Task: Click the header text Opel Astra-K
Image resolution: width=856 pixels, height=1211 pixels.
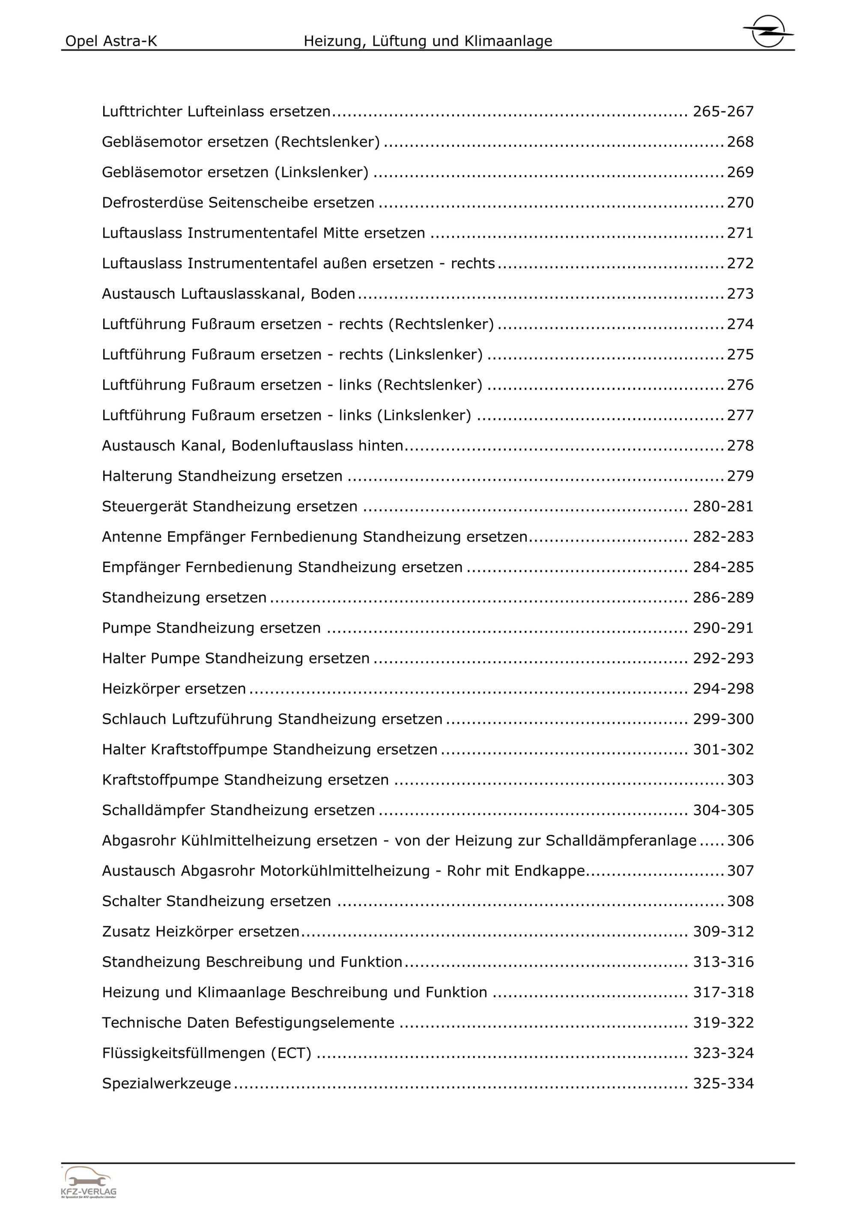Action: point(111,41)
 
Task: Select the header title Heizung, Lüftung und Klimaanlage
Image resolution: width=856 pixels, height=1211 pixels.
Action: point(428,41)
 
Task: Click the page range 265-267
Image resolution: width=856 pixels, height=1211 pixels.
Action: point(723,112)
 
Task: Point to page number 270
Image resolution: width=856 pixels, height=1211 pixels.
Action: point(740,203)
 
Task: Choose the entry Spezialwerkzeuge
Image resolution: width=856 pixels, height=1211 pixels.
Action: point(166,1084)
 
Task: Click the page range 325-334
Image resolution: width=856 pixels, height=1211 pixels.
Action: point(723,1084)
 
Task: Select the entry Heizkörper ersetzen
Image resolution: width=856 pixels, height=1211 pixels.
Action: point(173,689)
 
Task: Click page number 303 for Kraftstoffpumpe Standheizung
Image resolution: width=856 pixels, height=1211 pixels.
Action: point(740,780)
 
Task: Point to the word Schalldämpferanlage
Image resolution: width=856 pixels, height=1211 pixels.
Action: point(621,841)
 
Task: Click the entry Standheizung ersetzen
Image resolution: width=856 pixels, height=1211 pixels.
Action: point(184,598)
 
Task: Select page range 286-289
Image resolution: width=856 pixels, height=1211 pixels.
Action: point(723,598)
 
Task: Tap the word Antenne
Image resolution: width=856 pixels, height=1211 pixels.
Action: point(131,537)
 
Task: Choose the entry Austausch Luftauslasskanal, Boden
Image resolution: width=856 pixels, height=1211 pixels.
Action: point(228,294)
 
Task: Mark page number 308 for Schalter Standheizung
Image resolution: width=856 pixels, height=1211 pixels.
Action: point(740,901)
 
